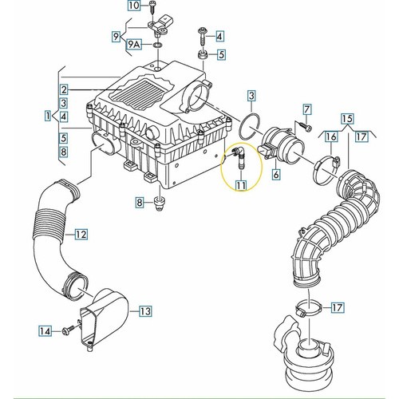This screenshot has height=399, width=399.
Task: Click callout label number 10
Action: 135,6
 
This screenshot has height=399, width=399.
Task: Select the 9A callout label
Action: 134,45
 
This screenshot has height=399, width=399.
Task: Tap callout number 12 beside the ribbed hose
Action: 81,235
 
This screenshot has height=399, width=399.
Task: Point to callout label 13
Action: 145,310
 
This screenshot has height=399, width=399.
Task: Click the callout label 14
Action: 45,331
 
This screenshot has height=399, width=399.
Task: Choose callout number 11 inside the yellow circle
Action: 241,186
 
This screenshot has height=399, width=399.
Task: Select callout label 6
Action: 276,174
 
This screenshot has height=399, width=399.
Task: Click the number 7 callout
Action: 307,109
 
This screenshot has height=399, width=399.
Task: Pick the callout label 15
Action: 348,119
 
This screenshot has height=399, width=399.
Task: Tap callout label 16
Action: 331,136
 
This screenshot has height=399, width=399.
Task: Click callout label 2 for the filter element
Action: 64,89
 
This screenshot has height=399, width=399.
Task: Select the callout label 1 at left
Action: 48,116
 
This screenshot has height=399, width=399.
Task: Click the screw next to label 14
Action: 68,331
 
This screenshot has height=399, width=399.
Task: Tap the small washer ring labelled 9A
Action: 158,45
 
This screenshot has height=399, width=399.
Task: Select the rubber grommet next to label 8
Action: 160,204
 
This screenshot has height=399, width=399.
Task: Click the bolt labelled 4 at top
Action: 203,38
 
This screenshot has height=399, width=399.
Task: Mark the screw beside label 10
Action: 153,7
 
